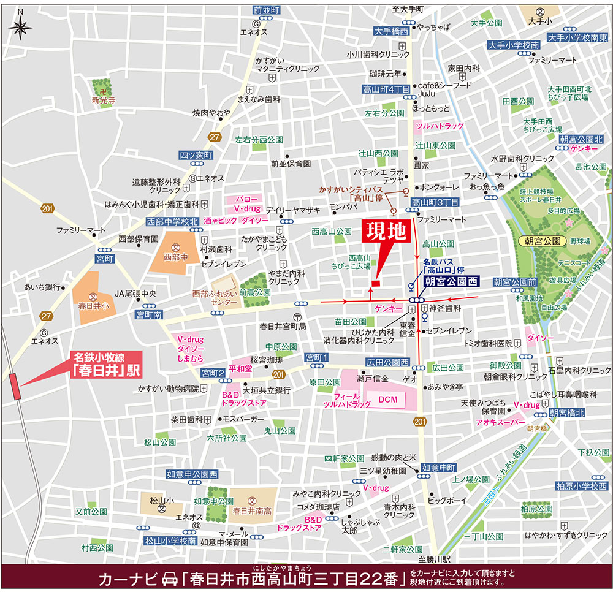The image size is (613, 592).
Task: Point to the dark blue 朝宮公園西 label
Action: click(451, 282)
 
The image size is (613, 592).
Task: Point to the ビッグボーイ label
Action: click(447, 500)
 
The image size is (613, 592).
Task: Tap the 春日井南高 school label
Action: click(253, 509)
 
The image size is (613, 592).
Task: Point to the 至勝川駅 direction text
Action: click(435, 559)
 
